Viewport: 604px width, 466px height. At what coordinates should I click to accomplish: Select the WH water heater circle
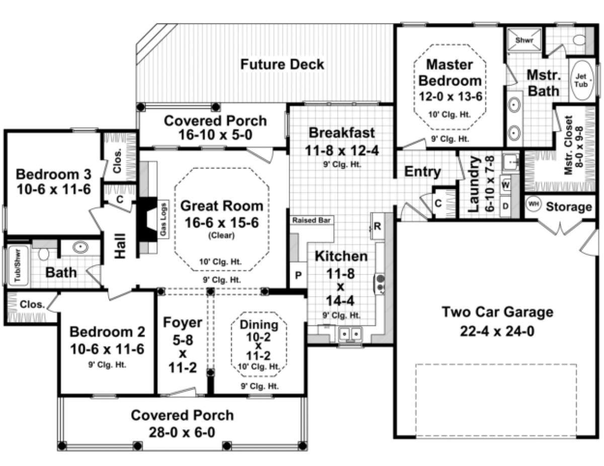533,204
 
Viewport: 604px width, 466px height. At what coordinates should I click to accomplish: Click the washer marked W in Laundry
506,185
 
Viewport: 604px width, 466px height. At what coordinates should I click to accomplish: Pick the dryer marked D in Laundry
506,206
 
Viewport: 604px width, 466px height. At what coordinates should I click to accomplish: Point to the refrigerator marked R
377,226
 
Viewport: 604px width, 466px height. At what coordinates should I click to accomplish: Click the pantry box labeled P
298,275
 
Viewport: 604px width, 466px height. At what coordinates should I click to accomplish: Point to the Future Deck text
282,64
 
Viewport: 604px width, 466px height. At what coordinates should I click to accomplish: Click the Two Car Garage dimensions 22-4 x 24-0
497,332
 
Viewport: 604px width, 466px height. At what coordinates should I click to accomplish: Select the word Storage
569,207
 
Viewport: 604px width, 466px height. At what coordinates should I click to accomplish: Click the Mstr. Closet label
573,146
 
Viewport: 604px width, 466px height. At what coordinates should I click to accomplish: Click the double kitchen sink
350,333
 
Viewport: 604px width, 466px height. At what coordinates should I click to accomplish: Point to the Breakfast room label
342,133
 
